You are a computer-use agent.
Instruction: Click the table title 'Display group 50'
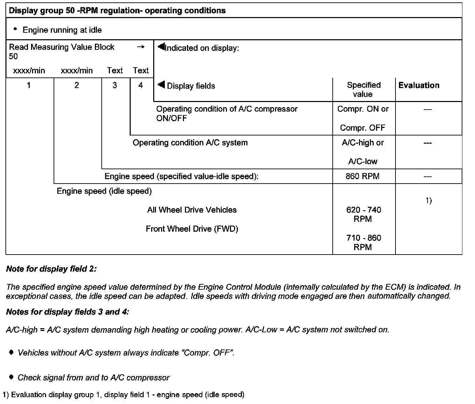(117, 11)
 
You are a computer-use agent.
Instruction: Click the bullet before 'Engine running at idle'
(15, 29)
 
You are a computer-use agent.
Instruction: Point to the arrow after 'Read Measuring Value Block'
(141, 47)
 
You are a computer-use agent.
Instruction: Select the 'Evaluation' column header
(419, 85)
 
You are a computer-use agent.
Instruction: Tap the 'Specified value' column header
(363, 89)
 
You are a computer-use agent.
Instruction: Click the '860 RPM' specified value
(362, 176)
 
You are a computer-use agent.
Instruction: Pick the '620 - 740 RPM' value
(363, 214)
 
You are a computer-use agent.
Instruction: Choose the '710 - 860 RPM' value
(363, 242)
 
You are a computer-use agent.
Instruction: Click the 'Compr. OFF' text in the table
(362, 128)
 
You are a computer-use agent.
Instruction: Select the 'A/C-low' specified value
(362, 161)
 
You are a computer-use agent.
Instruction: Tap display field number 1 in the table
(29, 85)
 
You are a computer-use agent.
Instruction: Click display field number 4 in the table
(141, 85)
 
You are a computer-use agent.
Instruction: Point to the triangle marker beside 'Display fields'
(161, 84)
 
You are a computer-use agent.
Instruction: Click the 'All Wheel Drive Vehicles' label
(192, 210)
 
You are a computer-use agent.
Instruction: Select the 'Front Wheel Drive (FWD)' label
(192, 229)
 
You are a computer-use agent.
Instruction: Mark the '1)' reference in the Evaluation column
(429, 201)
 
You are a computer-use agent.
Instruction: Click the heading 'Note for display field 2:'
(52, 269)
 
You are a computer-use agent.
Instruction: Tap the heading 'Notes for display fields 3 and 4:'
(68, 312)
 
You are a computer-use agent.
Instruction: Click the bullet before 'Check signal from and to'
(12, 377)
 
